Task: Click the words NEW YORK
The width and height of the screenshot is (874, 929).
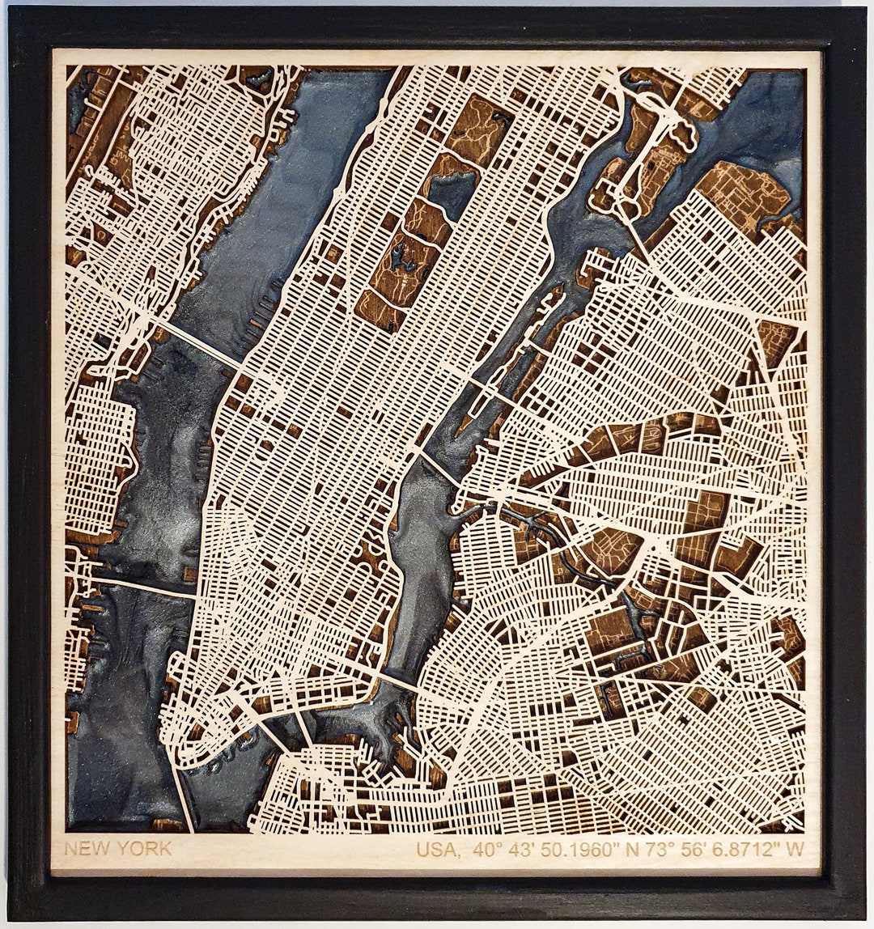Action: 117,849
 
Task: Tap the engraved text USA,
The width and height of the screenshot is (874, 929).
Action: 438,851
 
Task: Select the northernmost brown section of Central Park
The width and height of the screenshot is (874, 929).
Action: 480,129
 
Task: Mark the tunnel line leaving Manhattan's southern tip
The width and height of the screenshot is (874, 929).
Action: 183,789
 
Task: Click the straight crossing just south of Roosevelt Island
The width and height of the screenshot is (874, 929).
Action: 437,469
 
